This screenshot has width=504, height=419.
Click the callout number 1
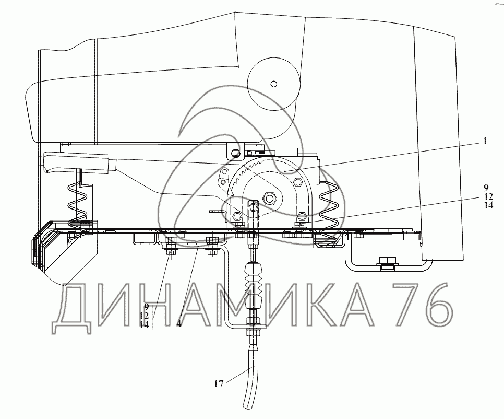[x=485, y=141]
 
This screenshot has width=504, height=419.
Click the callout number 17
[x=219, y=384]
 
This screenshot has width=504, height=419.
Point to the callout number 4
[x=179, y=324]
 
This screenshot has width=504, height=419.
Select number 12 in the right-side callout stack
[x=488, y=196]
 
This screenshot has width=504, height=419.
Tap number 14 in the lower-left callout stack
[x=144, y=325]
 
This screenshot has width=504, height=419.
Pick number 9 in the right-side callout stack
[x=486, y=188]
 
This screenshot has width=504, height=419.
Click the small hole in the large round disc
[x=274, y=84]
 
